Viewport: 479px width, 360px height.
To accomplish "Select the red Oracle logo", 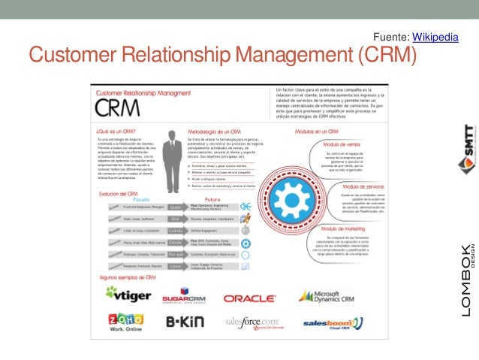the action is (x=249, y=298).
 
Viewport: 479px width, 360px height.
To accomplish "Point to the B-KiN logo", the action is (x=185, y=322).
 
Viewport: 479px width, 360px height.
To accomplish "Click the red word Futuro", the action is (x=203, y=199).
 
